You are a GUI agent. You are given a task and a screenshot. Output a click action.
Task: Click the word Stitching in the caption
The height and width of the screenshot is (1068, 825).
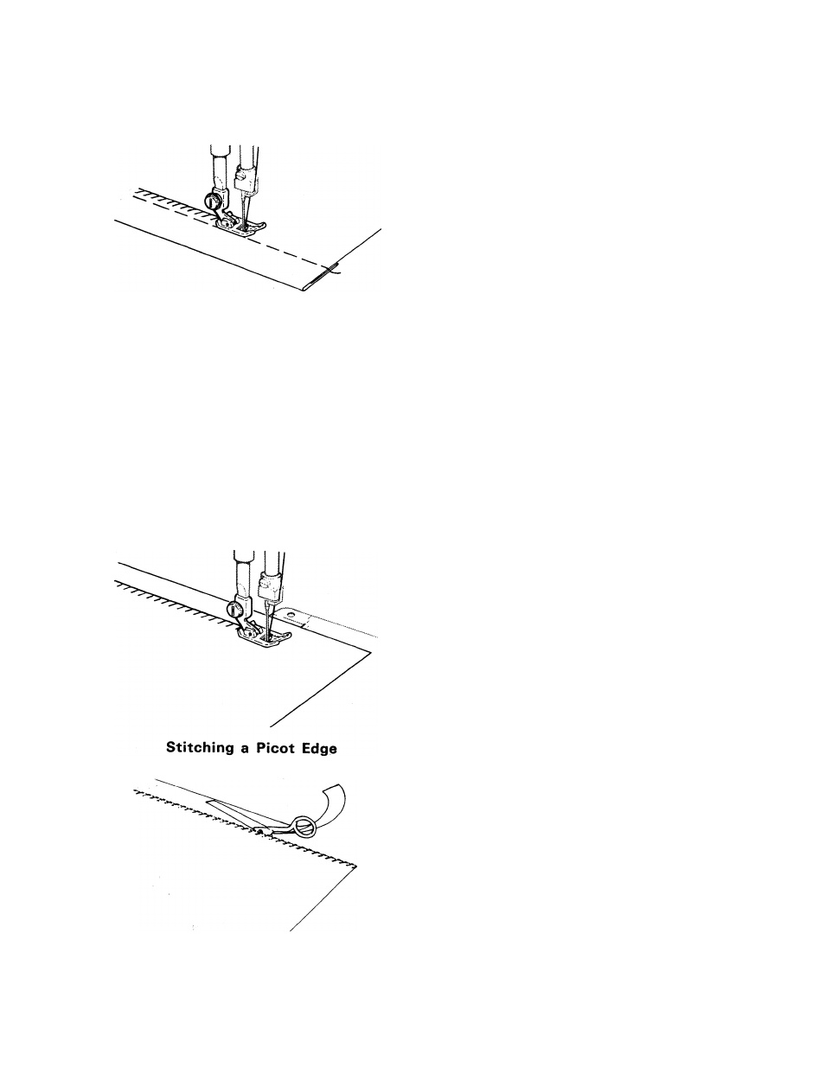pos(199,748)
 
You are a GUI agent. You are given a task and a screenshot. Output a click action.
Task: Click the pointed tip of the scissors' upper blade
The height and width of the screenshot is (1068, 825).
pos(208,802)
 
